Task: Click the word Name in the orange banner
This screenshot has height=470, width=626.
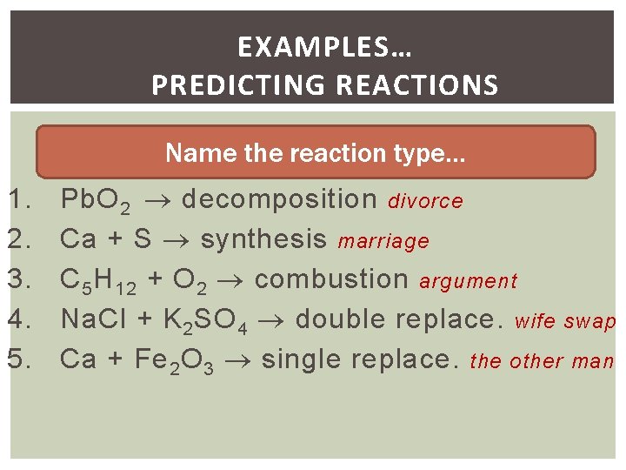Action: (x=190, y=153)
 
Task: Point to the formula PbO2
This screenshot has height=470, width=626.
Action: (x=96, y=200)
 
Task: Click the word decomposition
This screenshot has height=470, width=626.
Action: (x=279, y=200)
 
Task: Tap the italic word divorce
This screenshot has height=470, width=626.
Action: (x=425, y=202)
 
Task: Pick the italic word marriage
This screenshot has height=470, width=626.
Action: (x=384, y=241)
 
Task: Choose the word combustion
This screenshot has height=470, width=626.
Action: (x=331, y=279)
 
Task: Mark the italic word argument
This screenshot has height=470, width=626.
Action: (x=468, y=282)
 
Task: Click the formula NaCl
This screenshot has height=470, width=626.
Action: (x=97, y=319)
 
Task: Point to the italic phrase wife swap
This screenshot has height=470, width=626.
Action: (x=565, y=321)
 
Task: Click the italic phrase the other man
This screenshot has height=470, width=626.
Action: (x=542, y=360)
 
